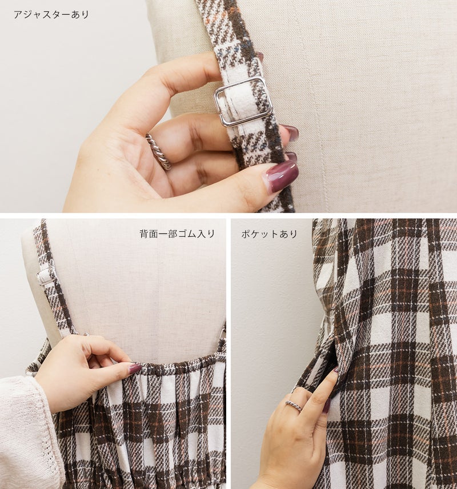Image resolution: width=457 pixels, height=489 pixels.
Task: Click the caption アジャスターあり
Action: (51, 15)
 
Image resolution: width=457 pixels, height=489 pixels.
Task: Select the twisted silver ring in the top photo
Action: (158, 151)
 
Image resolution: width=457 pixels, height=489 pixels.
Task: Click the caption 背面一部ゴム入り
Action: (177, 234)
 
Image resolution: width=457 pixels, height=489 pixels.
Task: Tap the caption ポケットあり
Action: (269, 234)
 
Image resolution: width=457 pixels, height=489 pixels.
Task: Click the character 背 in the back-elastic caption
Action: (144, 234)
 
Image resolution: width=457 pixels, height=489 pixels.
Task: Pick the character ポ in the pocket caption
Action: (246, 234)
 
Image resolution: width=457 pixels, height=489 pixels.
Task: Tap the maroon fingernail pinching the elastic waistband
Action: (135, 368)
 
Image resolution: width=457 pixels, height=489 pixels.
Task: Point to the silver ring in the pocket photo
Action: (294, 406)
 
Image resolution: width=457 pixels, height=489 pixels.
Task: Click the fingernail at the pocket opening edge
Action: (335, 370)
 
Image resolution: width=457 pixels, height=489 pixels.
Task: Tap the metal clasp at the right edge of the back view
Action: (223, 334)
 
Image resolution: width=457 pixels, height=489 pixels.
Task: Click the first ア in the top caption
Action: (18, 15)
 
